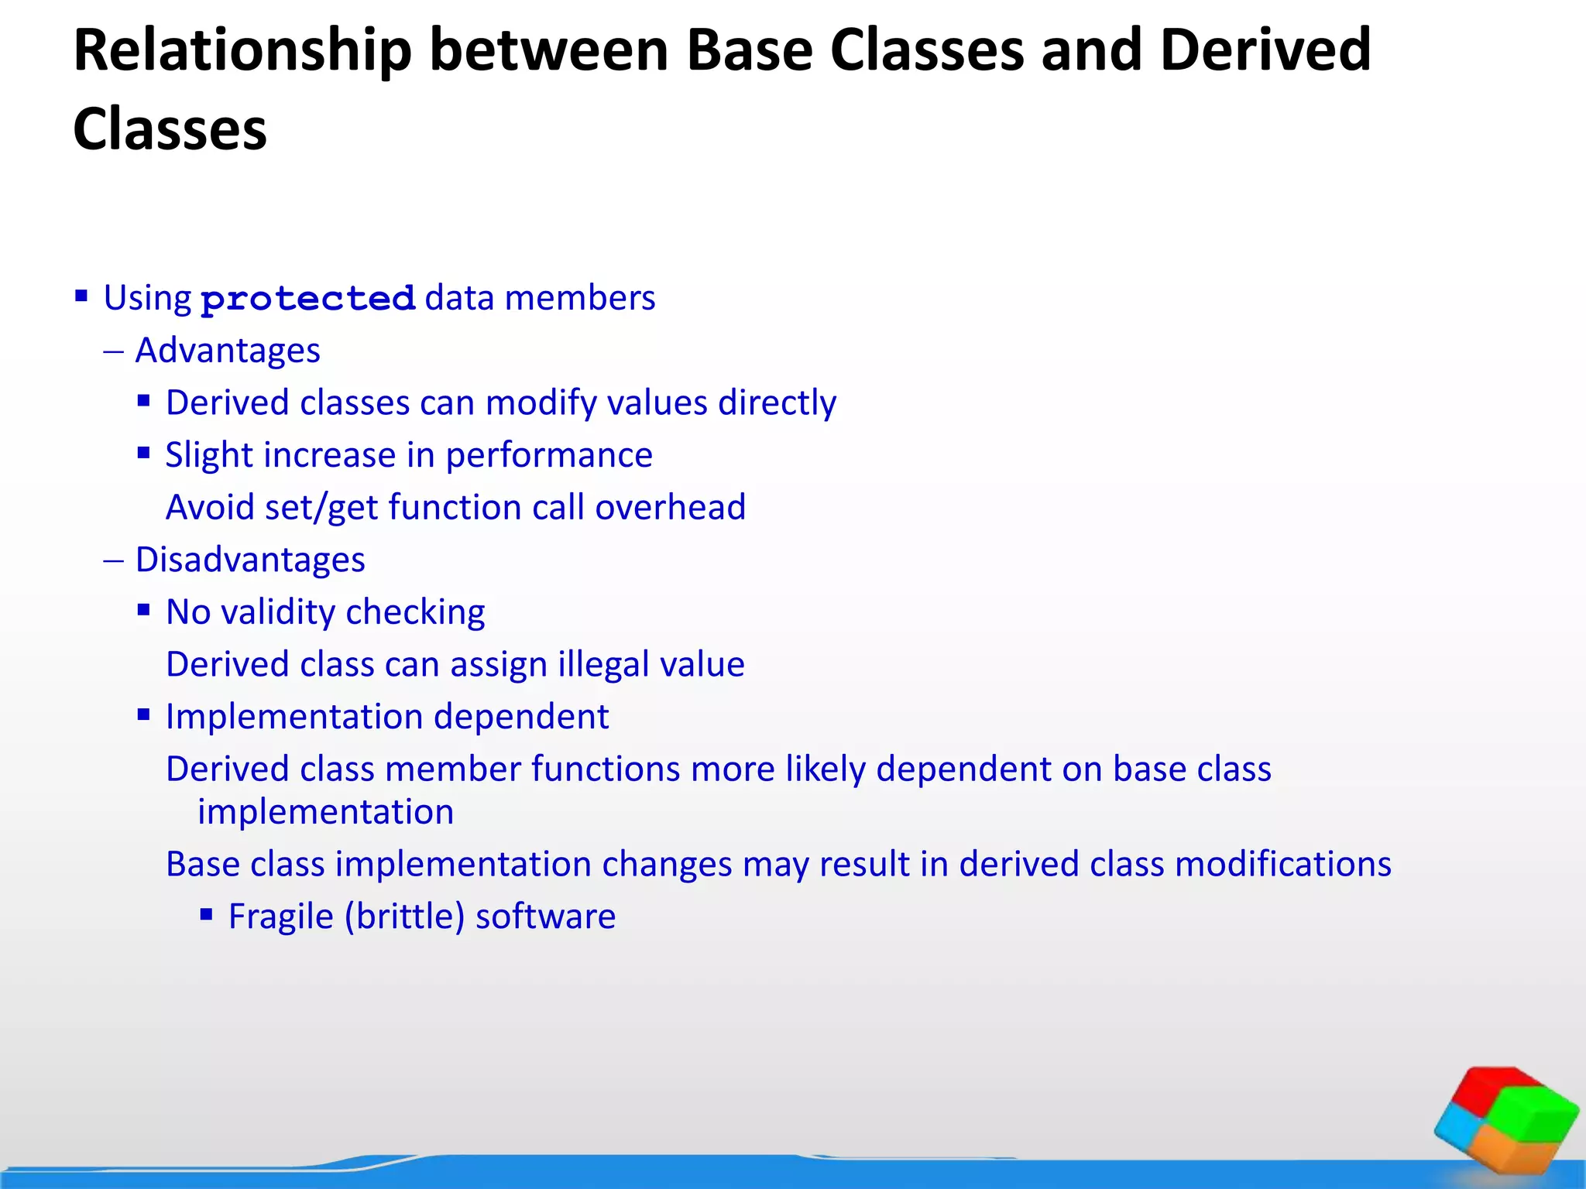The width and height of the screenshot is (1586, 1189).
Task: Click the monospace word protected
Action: (308, 299)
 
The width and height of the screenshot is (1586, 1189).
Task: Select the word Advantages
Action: (228, 351)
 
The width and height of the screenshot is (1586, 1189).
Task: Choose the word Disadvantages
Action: (250, 560)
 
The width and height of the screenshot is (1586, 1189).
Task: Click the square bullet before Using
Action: (81, 296)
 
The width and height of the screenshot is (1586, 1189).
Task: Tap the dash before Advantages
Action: (113, 351)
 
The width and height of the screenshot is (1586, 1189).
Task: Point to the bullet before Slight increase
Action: (143, 453)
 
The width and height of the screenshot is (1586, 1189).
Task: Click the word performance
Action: (548, 456)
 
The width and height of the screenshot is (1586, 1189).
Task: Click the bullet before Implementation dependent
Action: (143, 714)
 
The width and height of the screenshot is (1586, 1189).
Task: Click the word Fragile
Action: (280, 917)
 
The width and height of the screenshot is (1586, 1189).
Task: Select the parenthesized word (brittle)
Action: (404, 917)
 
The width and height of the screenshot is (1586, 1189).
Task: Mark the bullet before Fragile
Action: (206, 915)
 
